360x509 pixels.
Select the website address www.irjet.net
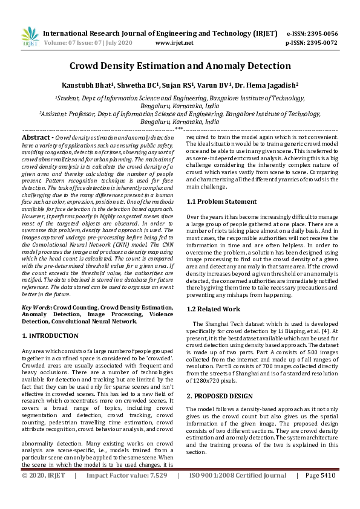pos(174,43)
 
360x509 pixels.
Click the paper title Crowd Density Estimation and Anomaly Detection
pos(180,66)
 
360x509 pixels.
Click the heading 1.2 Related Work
pos(214,309)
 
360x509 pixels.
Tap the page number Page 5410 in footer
pos(320,492)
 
